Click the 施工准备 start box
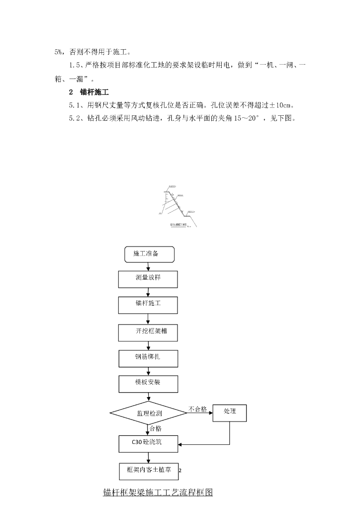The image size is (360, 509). click(x=149, y=254)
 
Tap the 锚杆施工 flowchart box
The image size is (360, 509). click(x=148, y=304)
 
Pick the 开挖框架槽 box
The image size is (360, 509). click(x=148, y=332)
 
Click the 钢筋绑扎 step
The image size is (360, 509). click(x=148, y=358)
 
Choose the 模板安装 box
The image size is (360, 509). click(x=148, y=383)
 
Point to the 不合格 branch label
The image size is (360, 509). click(x=197, y=409)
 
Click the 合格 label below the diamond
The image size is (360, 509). click(x=155, y=428)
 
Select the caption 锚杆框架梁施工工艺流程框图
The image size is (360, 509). click(x=158, y=493)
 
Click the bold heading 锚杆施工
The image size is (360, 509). click(x=94, y=92)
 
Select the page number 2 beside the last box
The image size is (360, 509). click(x=180, y=471)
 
